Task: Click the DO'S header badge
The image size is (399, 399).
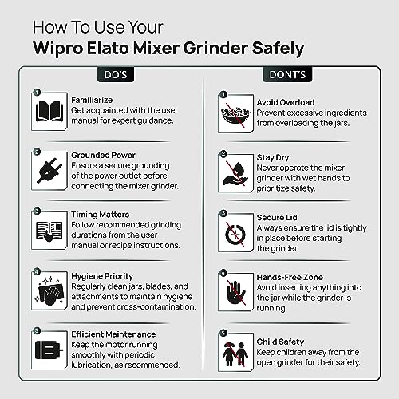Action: [116, 75]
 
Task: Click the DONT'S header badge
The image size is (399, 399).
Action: [287, 75]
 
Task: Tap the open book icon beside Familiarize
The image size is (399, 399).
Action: [49, 111]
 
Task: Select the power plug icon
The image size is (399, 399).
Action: [49, 171]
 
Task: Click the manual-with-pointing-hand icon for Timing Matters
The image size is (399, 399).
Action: [49, 231]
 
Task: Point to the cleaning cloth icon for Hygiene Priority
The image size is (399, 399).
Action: [49, 291]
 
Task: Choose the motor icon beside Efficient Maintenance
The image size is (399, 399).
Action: [49, 350]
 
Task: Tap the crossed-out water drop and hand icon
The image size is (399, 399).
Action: [235, 174]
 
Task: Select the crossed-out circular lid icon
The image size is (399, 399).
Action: [235, 235]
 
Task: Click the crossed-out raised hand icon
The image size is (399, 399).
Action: [235, 293]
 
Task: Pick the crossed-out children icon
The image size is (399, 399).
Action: [235, 354]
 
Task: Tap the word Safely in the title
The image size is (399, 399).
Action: [278, 49]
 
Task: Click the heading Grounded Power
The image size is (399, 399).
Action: [103, 155]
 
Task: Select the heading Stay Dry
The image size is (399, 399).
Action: [273, 157]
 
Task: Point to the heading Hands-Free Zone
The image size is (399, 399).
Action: [290, 277]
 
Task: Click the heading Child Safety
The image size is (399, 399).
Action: [280, 342]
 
